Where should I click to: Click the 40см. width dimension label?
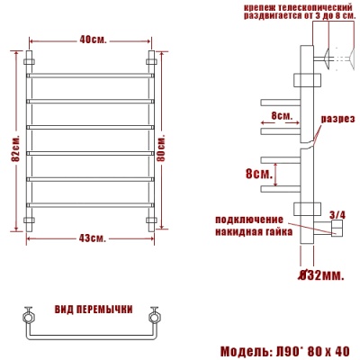coord(92,40)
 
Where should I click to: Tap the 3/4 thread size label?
coord(337,214)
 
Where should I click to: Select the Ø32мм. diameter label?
coord(320,274)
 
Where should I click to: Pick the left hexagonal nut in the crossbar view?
coord(27,316)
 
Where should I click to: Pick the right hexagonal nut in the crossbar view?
coord(154,316)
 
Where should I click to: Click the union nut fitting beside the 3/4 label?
coord(337,231)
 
